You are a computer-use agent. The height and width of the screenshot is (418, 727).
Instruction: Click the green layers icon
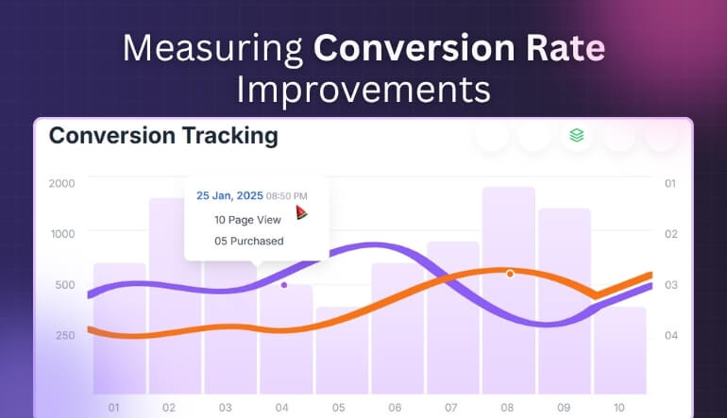tap(576, 135)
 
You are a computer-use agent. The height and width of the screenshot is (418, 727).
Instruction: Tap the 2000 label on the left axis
tap(61, 183)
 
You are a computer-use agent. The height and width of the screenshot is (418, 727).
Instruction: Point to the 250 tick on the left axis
tap(64, 335)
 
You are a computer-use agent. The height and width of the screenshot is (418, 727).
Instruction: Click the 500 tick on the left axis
tap(64, 285)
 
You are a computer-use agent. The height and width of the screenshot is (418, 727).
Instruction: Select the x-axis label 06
tap(395, 408)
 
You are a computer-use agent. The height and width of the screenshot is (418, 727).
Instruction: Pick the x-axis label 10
tap(619, 408)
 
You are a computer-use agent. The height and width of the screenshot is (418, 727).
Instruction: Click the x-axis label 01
tap(114, 408)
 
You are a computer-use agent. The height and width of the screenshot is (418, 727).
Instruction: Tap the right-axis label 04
tap(670, 335)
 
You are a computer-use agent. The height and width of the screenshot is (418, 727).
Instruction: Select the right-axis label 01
tap(670, 183)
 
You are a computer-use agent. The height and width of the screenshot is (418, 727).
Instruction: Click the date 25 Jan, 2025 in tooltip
tap(228, 195)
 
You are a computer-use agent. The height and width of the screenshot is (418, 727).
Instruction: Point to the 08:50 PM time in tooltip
tap(286, 196)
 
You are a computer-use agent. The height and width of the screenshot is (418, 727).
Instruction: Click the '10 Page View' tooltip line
tap(247, 219)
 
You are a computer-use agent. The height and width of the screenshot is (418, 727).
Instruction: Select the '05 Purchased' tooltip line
tap(249, 241)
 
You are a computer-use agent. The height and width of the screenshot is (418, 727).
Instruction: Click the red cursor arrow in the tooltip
tap(302, 213)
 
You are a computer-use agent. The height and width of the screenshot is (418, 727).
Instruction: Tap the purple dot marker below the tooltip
tap(284, 284)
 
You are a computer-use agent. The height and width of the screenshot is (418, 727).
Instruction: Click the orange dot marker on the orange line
tap(510, 274)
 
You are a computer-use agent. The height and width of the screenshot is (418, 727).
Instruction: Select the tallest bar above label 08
tap(509, 226)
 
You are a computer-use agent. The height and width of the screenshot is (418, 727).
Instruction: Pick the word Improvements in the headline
tap(363, 90)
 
